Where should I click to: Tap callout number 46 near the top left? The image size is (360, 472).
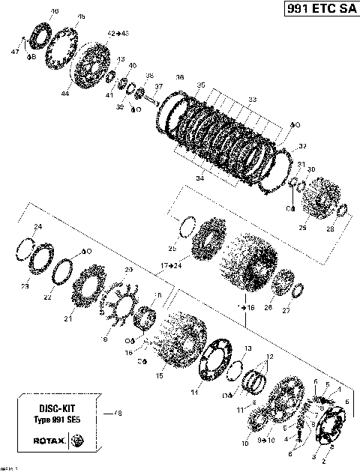[x=54, y=12]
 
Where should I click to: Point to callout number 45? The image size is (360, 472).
[x=81, y=16]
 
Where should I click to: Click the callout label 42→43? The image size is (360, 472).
[x=118, y=34]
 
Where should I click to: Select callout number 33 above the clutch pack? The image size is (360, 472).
[x=252, y=99]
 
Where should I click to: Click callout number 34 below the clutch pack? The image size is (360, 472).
[x=199, y=179]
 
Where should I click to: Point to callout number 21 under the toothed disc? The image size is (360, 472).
[x=67, y=318]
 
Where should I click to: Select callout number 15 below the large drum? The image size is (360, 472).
[x=157, y=375]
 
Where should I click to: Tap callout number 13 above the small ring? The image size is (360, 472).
[x=247, y=349]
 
